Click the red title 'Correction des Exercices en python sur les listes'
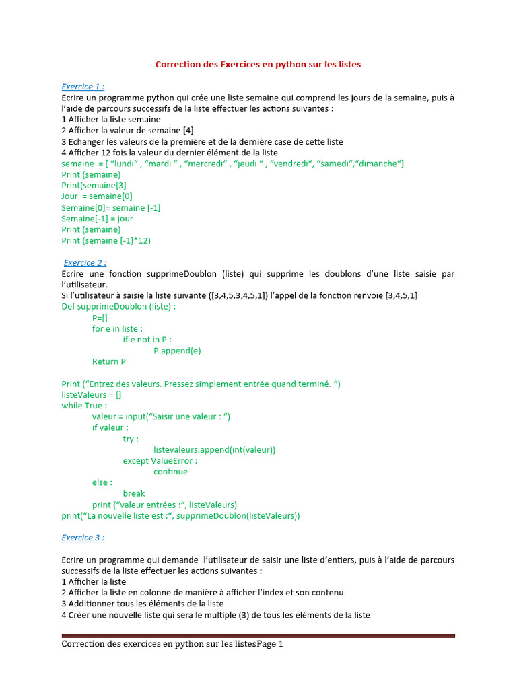tap(258, 65)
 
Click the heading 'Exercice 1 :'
tap(83, 87)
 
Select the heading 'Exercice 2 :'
tap(85, 263)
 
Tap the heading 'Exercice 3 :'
tap(83, 538)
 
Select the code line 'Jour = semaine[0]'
tap(97, 196)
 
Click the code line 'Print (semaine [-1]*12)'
tap(106, 240)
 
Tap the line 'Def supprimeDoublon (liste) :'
tap(118, 307)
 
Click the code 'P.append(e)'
tap(177, 351)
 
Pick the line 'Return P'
tap(109, 361)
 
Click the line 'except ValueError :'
tap(160, 461)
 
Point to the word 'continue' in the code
tap(170, 472)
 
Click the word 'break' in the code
tap(134, 493)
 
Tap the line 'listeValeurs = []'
tap(92, 395)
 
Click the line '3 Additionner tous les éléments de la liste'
tap(142, 604)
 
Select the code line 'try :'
tap(131, 439)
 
